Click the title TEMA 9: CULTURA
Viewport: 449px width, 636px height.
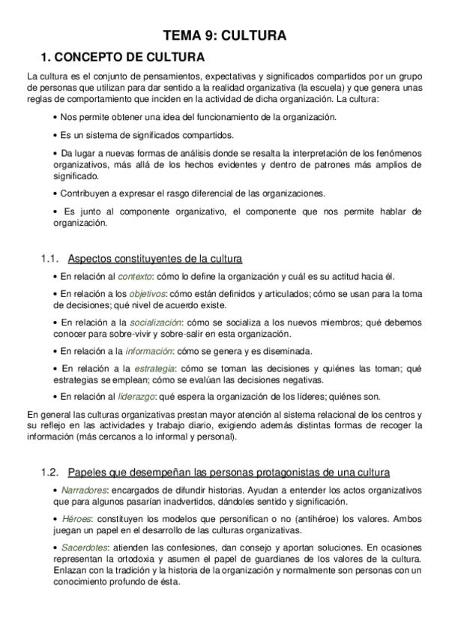(x=225, y=34)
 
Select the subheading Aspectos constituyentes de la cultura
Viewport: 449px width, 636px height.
(x=154, y=259)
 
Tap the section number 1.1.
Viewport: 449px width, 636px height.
(x=49, y=259)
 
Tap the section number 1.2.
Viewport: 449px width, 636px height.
(x=49, y=472)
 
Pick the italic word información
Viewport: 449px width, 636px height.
(x=148, y=350)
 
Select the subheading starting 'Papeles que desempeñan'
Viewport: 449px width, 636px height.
(x=228, y=472)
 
